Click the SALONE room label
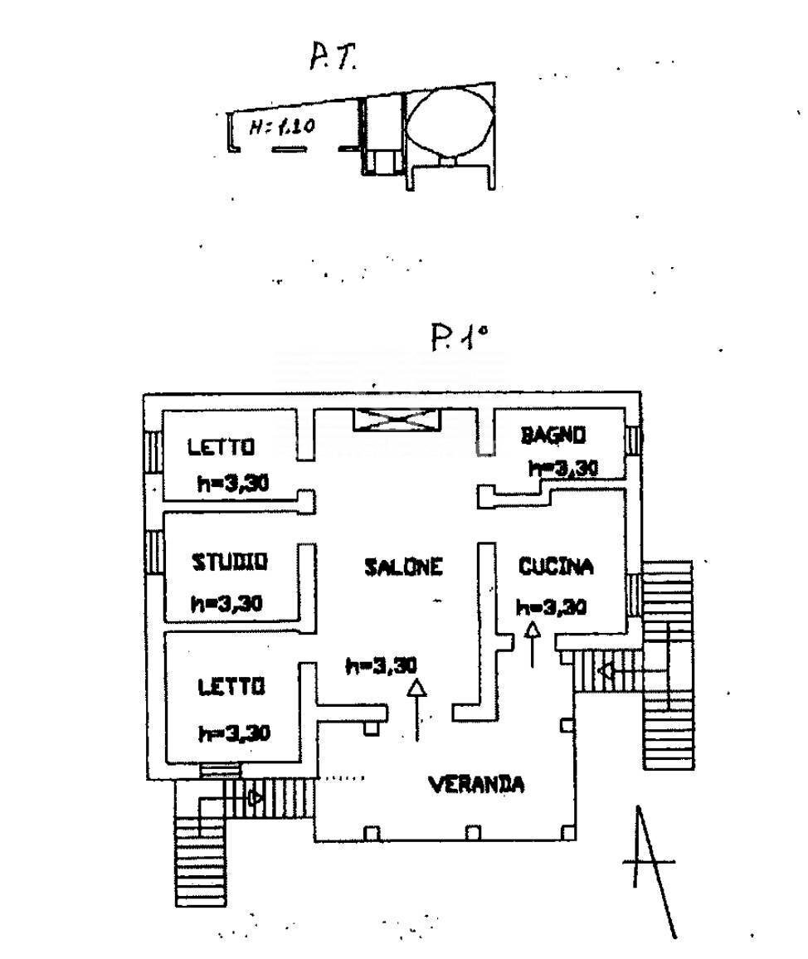point(403,567)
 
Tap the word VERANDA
point(476,783)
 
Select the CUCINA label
point(556,567)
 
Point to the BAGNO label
point(553,434)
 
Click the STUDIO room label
point(230,562)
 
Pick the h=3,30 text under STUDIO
point(226,604)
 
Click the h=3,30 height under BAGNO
point(563,469)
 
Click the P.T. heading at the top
point(332,60)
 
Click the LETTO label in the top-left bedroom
point(220,447)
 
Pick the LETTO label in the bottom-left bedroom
point(231,687)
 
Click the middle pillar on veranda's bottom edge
point(473,832)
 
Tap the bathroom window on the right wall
point(634,439)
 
